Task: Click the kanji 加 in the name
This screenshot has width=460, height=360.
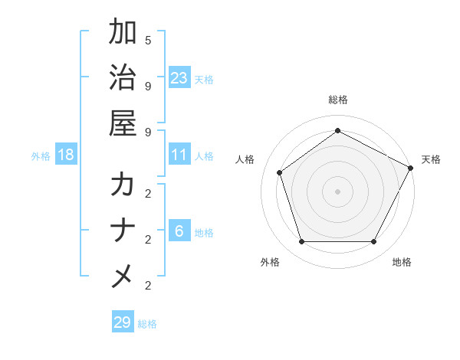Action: point(123,33)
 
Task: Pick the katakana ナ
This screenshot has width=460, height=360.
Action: point(123,231)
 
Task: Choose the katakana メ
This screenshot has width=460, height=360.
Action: point(123,276)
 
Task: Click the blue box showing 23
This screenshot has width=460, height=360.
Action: point(179,78)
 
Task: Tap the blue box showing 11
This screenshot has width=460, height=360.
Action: point(179,155)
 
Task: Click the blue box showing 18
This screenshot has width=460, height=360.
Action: point(66,155)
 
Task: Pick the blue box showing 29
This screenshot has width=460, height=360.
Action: point(123,322)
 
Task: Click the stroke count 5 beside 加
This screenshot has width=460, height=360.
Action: point(148,40)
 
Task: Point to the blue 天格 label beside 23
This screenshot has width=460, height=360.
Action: point(204,79)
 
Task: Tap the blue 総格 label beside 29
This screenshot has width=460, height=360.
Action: point(147,323)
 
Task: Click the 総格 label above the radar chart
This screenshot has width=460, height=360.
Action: point(337,100)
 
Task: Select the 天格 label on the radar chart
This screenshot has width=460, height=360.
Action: point(431,159)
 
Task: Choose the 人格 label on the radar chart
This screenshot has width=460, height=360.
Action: point(245,159)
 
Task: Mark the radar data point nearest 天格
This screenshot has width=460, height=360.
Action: point(412,168)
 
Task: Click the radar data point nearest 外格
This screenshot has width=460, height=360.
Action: point(301,242)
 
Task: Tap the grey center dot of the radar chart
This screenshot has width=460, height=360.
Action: point(337,191)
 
